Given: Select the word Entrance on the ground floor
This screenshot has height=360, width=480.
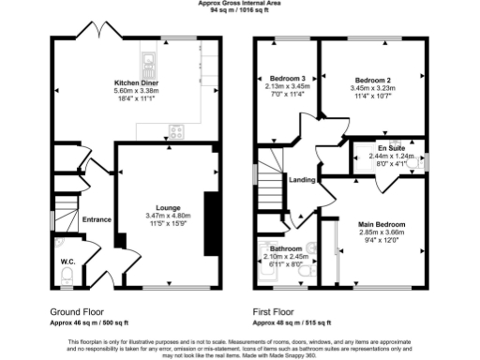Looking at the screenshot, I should pos(97,220).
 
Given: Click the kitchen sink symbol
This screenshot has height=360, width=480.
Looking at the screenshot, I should pos(147,65).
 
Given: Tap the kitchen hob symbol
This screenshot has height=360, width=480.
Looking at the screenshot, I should pos(174,130).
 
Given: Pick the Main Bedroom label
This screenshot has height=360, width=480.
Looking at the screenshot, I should pos(382,225).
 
